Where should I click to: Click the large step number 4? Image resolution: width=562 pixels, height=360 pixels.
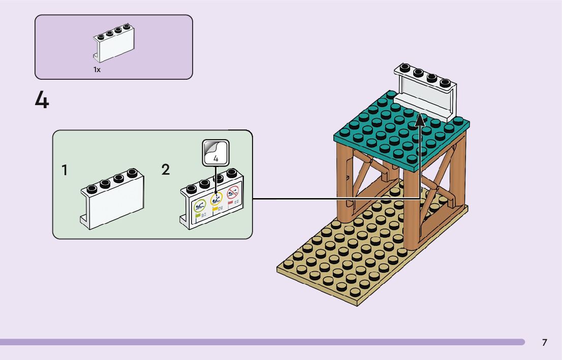coord(42,100)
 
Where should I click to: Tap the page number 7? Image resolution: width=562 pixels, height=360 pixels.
coord(544,343)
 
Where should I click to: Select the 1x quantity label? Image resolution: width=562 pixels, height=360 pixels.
coord(97,70)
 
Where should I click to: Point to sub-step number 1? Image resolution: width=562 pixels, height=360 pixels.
coord(65,171)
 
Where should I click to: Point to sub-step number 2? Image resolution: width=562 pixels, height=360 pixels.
coord(166,170)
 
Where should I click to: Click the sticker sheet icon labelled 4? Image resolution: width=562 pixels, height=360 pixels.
coord(216,152)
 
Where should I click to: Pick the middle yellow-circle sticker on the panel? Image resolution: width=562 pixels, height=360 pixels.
coord(216,201)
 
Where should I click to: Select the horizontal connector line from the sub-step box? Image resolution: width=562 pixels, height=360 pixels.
coord(335,198)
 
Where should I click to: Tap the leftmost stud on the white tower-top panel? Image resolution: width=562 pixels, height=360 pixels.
coord(404,67)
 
